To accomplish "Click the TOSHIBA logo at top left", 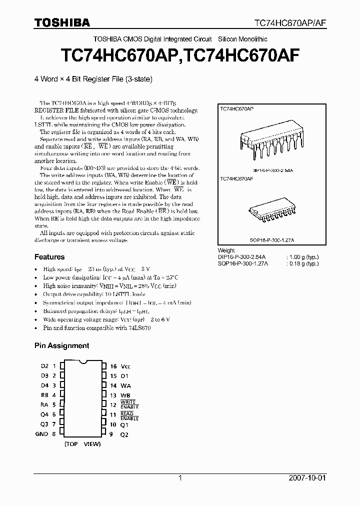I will (x=62, y=22).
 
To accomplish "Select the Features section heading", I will (x=49, y=257).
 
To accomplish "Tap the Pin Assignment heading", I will (x=61, y=345).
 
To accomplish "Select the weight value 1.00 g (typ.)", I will (x=302, y=256).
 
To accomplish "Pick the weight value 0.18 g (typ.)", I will (x=302, y=263).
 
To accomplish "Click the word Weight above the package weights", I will (x=226, y=250).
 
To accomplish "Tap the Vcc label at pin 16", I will (x=125, y=366).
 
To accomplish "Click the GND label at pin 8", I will (x=41, y=434).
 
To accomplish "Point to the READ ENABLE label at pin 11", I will (x=129, y=416).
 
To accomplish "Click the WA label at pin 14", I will (x=125, y=385).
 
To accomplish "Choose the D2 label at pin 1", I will (x=44, y=366).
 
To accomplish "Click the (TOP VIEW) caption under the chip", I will (x=82, y=443).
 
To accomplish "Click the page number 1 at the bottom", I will (x=180, y=478).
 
